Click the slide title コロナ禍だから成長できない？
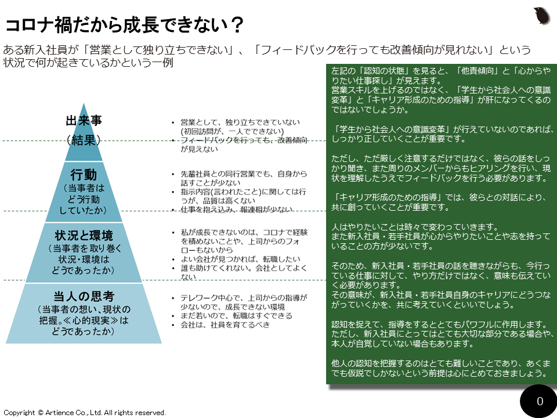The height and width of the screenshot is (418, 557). pos(124,26)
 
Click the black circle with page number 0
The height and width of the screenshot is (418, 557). pos(540,401)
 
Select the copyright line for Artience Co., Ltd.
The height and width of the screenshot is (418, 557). pos(85,412)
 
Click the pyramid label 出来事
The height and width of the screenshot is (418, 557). pos(84,121)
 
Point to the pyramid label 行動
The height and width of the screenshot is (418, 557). pos(84,174)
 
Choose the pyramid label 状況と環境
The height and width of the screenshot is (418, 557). pos(84,236)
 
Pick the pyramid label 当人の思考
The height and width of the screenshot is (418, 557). pos(84,296)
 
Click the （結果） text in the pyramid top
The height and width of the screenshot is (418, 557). pos(84,139)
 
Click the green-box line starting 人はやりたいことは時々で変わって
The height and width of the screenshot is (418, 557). pos(414,226)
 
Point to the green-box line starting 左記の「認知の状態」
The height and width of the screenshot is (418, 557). pos(439,70)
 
